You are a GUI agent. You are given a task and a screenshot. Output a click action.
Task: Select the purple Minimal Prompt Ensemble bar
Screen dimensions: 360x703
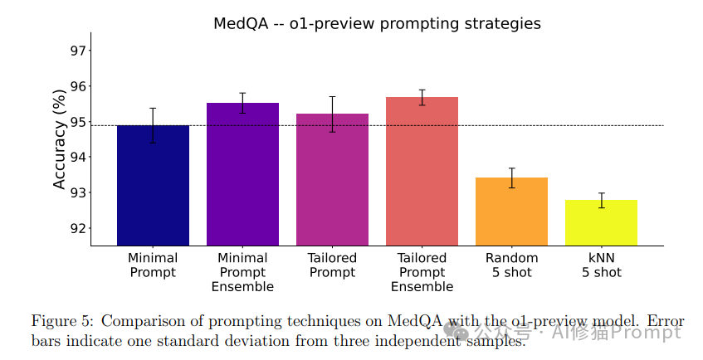coord(242,174)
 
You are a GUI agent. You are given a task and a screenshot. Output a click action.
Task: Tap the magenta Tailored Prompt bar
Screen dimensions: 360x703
coord(332,179)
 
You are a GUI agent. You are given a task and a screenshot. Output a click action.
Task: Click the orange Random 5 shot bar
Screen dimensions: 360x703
coord(511,212)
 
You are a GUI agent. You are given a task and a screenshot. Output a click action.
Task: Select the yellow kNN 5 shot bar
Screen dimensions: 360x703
coord(601,222)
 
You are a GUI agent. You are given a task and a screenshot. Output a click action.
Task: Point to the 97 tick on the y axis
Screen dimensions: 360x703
coord(78,51)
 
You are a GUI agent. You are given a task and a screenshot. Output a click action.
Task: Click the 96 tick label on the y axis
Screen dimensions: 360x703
coord(78,86)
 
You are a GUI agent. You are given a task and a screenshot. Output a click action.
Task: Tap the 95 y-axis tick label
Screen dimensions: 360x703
coord(78,122)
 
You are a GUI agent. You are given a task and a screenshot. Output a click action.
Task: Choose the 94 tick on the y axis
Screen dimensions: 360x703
coord(78,158)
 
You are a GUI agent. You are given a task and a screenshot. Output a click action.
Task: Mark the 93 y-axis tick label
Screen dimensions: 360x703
coord(78,193)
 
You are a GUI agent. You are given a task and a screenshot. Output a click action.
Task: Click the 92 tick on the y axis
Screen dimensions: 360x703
coord(78,228)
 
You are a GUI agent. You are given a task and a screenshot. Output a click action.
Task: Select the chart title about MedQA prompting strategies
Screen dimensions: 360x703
coord(377,23)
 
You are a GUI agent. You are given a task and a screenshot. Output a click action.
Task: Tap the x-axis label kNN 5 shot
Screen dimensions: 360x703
coord(601,265)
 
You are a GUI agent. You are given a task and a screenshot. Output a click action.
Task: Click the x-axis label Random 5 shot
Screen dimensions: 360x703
coord(511,265)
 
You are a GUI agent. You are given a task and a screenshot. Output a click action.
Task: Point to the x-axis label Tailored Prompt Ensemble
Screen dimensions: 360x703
coord(422,272)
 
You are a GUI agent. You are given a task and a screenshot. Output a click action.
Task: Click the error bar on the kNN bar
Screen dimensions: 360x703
coord(601,200)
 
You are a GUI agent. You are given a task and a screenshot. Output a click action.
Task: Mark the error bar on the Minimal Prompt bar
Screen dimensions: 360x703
coord(153,125)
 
